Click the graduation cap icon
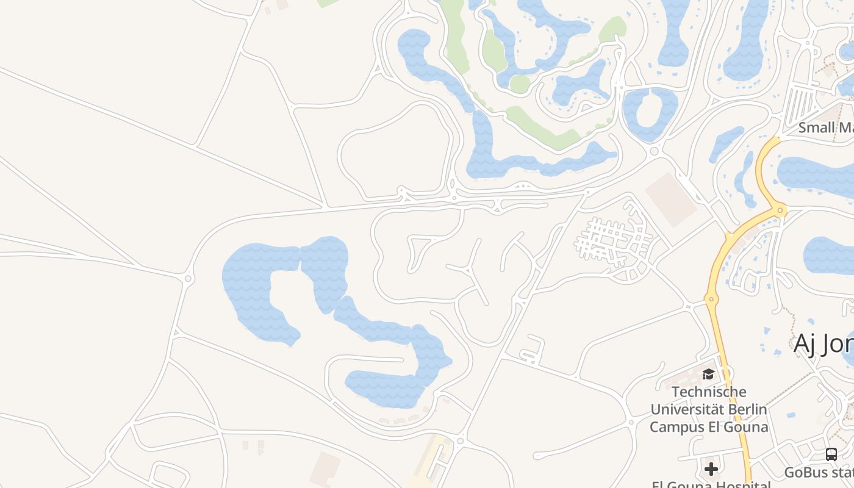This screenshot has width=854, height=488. pos(708,374)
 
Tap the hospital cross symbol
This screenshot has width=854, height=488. pos(711,469)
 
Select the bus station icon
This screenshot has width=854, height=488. pos(831,454)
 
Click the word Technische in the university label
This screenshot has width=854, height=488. pos(708,392)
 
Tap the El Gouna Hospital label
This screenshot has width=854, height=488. pos(711,485)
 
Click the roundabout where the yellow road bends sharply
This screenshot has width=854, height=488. pos(780,211)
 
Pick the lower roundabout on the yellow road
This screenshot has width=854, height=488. pos(710,299)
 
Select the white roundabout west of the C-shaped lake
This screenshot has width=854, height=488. pos(188,279)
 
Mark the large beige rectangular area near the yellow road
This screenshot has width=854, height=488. pos(671,199)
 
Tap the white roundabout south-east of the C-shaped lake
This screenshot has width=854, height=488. pos(460,440)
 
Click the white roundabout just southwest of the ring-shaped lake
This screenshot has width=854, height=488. pos(654,151)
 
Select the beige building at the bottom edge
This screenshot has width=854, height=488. pos(325,468)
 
